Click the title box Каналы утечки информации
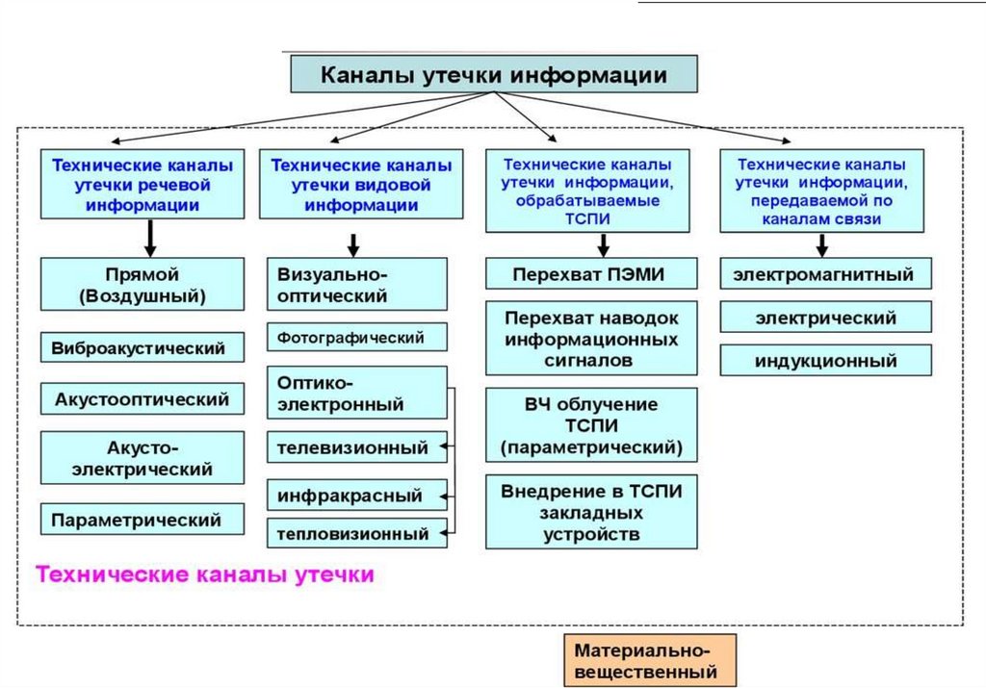pyautogui.click(x=493, y=74)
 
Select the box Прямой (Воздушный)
pyautogui.click(x=142, y=285)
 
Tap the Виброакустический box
pyautogui.click(x=142, y=348)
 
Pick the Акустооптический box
pyautogui.click(x=142, y=397)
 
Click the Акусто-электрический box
pyautogui.click(x=142, y=459)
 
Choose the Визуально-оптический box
pyautogui.click(x=356, y=285)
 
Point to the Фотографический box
pyautogui.click(x=356, y=338)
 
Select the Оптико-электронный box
pyautogui.click(x=356, y=393)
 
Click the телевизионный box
pyautogui.click(x=356, y=447)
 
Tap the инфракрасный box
pyautogui.click(x=356, y=497)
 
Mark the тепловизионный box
pyautogui.click(x=356, y=533)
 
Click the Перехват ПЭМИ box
pyautogui.click(x=590, y=275)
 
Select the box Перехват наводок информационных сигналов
pyautogui.click(x=590, y=339)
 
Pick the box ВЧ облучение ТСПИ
pyautogui.click(x=590, y=425)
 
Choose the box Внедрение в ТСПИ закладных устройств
pyautogui.click(x=590, y=512)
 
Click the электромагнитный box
pyautogui.click(x=825, y=275)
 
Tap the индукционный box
pyautogui.click(x=825, y=361)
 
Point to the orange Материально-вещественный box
pyautogui.click(x=649, y=660)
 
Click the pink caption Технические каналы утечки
pyautogui.click(x=204, y=575)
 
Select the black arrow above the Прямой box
pyautogui.click(x=150, y=236)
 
